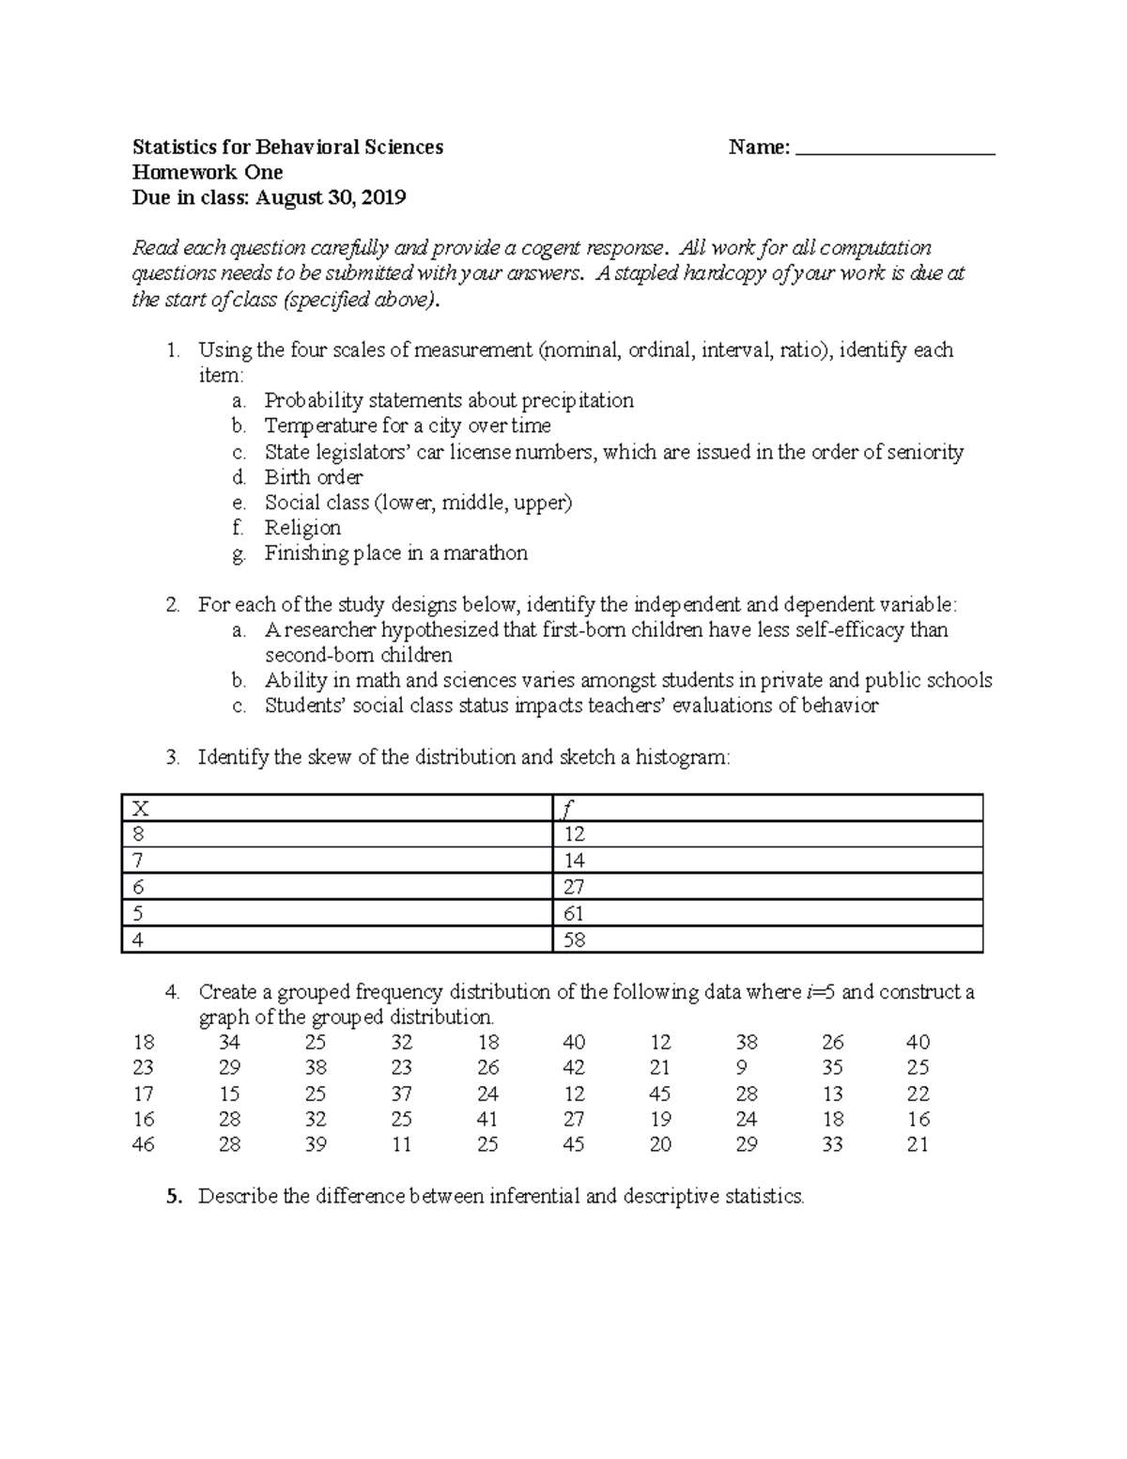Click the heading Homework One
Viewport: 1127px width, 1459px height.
click(208, 173)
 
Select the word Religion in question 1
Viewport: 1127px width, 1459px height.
click(302, 528)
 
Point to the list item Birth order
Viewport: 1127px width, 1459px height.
click(314, 477)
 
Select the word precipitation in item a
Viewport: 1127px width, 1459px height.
click(578, 401)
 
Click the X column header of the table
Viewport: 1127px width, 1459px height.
click(141, 808)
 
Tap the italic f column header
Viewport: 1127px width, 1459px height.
click(567, 808)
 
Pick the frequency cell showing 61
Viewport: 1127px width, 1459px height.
click(574, 913)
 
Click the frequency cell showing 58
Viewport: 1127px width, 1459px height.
click(574, 939)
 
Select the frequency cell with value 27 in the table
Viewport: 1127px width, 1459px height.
click(574, 887)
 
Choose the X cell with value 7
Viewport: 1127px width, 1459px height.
click(139, 861)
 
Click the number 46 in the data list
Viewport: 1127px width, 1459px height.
click(144, 1145)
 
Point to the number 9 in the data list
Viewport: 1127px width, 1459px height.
click(743, 1068)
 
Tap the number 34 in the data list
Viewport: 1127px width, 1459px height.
click(229, 1043)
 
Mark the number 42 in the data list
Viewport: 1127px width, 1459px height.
click(574, 1068)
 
